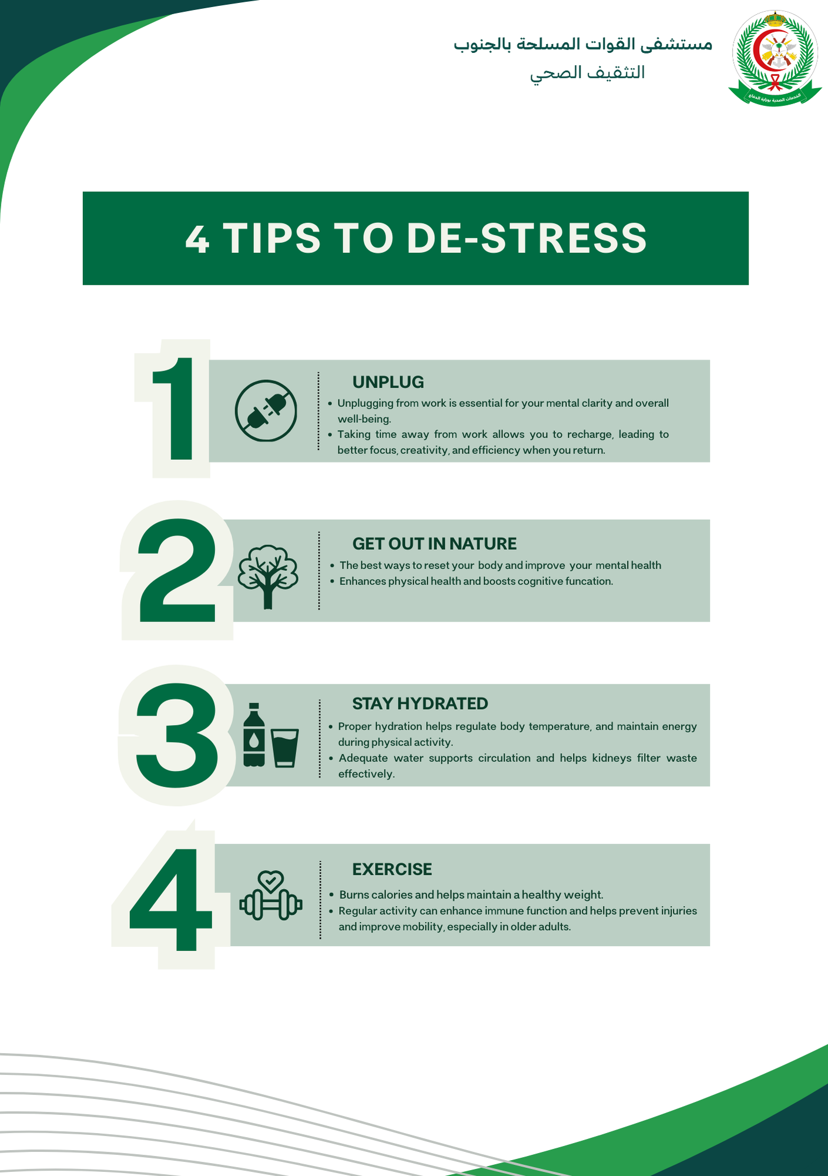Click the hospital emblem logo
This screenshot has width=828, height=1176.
(x=775, y=58)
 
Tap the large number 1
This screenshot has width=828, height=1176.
(x=174, y=409)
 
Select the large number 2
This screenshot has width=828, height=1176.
(x=177, y=570)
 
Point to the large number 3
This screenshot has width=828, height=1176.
(x=177, y=735)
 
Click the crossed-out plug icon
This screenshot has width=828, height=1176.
(x=266, y=410)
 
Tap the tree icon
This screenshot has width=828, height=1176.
(x=268, y=575)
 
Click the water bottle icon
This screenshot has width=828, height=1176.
(x=254, y=735)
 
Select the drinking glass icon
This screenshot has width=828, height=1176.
(x=285, y=747)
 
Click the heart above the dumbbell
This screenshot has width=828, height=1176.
(x=271, y=880)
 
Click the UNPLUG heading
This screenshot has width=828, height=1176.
(x=388, y=382)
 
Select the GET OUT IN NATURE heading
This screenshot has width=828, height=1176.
(x=434, y=544)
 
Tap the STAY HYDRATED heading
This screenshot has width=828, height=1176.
(x=420, y=704)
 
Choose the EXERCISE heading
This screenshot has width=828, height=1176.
(x=392, y=869)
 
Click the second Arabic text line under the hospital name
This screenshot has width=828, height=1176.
(x=587, y=73)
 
